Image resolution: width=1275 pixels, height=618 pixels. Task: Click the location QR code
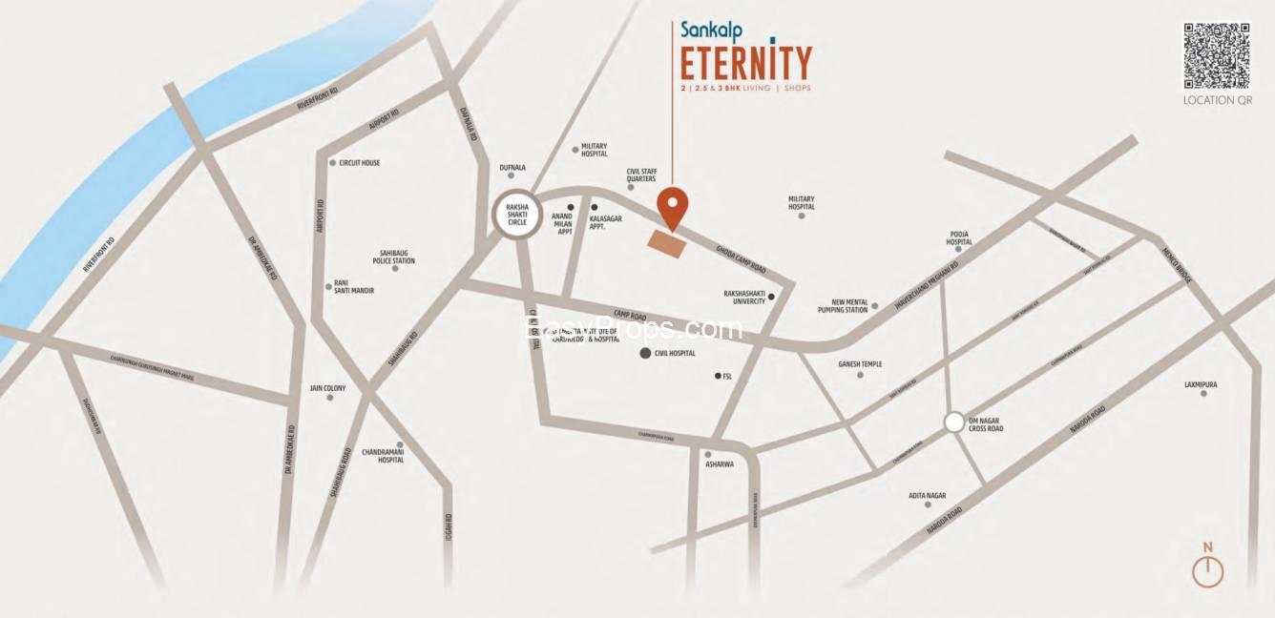(x=1217, y=55)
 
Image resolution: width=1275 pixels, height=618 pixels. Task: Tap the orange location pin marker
(x=674, y=206)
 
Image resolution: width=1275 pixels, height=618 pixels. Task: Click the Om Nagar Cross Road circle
(x=953, y=422)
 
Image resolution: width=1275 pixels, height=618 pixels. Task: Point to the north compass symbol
(x=1207, y=569)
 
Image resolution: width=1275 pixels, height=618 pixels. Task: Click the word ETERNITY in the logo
(x=745, y=63)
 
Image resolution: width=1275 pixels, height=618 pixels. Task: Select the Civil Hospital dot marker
(x=645, y=354)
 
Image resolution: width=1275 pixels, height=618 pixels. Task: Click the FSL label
(x=727, y=377)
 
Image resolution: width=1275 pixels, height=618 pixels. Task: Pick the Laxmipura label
(x=1201, y=385)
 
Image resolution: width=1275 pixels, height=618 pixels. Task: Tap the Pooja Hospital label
(x=959, y=237)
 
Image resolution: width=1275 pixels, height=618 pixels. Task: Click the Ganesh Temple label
(x=860, y=364)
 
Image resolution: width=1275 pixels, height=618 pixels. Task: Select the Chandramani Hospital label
(x=383, y=456)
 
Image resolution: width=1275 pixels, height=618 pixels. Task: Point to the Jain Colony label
(x=328, y=389)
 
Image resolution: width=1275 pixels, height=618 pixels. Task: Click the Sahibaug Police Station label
(x=394, y=257)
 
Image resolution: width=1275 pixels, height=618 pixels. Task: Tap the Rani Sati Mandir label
(x=353, y=286)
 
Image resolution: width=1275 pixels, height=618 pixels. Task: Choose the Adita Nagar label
(x=927, y=496)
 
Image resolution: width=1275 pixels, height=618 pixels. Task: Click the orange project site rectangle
(x=666, y=243)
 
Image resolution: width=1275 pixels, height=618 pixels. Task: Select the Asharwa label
(x=719, y=464)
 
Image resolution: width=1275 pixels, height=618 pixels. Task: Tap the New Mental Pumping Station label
(x=843, y=306)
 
